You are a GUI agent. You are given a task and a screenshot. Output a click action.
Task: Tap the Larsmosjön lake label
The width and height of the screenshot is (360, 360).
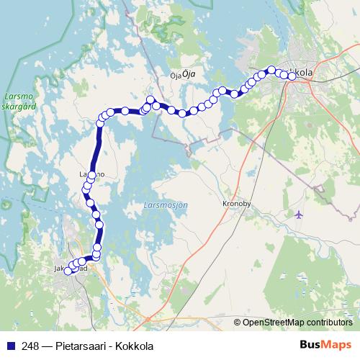[x=166, y=205]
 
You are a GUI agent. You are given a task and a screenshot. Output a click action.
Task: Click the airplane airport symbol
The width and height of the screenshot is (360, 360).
[x=299, y=214]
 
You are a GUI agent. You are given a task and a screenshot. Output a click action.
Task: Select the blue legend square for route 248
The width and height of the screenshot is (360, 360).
[x=11, y=346]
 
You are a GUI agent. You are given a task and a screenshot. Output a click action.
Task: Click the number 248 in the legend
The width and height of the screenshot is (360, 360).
[x=30, y=346]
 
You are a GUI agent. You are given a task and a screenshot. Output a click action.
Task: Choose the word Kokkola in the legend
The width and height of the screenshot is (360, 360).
[x=136, y=346]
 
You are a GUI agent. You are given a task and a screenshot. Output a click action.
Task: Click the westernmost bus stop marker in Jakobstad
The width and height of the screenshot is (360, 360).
[x=68, y=271]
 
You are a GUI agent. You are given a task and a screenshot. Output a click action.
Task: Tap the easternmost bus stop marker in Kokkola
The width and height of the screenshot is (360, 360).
[x=293, y=76]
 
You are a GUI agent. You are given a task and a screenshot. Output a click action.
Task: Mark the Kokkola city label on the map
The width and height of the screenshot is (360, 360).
[x=301, y=73]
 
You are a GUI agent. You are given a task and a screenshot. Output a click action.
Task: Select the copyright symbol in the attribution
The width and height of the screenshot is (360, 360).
[x=237, y=323]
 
